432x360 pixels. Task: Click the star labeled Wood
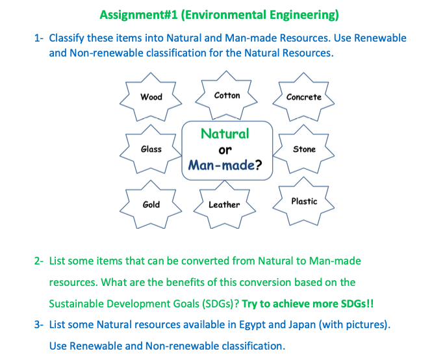coord(151,97)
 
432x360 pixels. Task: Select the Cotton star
coord(227,96)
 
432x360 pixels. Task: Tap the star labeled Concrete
coord(304,97)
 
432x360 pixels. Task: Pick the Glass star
coord(151,149)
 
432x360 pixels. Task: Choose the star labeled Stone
coord(304,149)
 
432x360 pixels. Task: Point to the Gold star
coord(151,205)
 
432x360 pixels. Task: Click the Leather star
coord(224,205)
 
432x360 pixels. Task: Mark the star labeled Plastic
coord(304,201)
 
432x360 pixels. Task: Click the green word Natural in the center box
coord(225,134)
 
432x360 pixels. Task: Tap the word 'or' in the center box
coord(225,149)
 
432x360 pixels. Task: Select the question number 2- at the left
coord(40,261)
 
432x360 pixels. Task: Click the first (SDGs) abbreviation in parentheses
coord(220,303)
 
